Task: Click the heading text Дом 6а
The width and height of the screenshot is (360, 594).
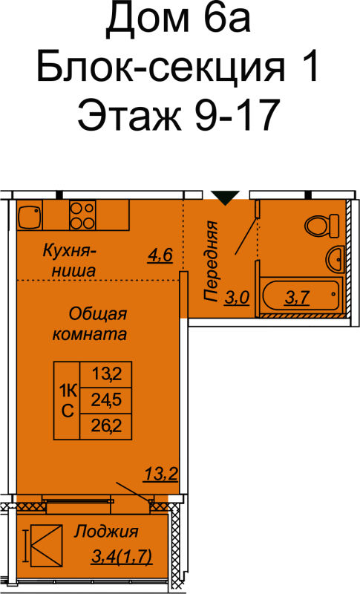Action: [x=178, y=22]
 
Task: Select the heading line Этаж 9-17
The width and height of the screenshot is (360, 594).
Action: [x=179, y=114]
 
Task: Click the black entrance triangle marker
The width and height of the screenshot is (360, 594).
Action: [x=225, y=198]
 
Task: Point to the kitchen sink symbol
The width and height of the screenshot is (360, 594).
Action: [x=30, y=217]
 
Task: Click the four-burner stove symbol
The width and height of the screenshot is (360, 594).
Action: [x=82, y=215]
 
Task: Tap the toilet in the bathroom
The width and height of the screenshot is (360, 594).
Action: [x=322, y=226]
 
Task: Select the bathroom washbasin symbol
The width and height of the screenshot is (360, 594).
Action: [x=335, y=258]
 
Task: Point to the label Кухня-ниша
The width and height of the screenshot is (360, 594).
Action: [x=69, y=261]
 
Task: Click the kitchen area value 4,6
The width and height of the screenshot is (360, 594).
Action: [x=160, y=255]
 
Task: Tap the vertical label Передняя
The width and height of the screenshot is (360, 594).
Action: [x=211, y=261]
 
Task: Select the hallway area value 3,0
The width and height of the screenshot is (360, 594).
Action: [x=237, y=298]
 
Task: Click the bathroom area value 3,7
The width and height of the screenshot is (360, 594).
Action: [x=297, y=298]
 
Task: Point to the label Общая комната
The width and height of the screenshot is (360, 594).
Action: [x=89, y=324]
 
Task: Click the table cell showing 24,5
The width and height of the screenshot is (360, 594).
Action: [x=106, y=400]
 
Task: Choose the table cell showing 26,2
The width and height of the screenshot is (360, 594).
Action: [x=106, y=426]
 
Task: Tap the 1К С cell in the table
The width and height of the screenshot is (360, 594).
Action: [x=67, y=400]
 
